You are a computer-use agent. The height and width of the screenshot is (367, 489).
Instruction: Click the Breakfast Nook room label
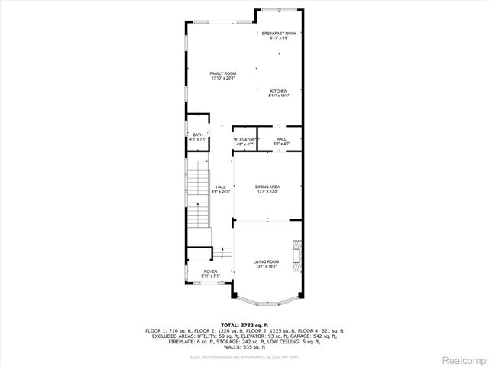(x=279, y=34)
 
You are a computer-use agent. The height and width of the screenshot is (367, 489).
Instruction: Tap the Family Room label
(x=223, y=73)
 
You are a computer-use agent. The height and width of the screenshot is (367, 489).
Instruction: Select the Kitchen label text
(x=278, y=91)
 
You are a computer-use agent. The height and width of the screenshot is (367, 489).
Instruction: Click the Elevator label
(x=244, y=139)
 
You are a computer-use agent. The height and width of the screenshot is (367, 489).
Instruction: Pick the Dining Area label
(x=267, y=187)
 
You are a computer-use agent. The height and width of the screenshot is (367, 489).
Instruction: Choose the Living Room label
(x=267, y=262)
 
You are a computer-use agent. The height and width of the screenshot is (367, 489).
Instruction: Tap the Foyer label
(x=210, y=271)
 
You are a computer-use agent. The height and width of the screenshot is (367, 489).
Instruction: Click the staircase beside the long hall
(x=199, y=200)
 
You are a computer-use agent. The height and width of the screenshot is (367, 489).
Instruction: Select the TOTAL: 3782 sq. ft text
(x=244, y=325)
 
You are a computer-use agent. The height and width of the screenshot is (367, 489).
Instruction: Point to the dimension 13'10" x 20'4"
(x=223, y=78)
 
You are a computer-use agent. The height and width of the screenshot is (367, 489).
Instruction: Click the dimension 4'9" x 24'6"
(x=221, y=192)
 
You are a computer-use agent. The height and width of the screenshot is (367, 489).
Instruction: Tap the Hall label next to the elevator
(x=281, y=139)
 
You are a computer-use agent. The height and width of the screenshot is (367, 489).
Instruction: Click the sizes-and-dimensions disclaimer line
(x=244, y=356)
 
